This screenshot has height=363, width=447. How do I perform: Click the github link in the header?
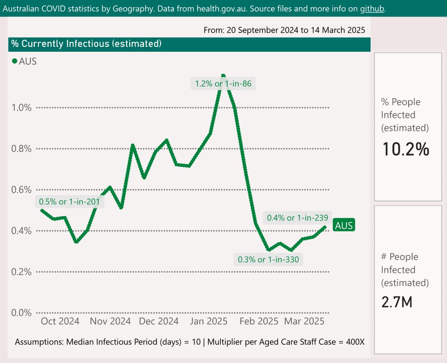click(x=372, y=8)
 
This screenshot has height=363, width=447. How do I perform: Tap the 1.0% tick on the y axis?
click(x=21, y=108)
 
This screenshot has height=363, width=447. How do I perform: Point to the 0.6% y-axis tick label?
click(x=21, y=190)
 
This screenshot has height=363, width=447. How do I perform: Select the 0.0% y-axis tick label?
click(x=21, y=313)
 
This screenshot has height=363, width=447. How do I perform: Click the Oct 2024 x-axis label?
click(x=60, y=321)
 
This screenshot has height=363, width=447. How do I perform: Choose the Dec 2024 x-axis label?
click(x=159, y=321)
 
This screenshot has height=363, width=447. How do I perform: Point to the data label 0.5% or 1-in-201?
click(x=69, y=202)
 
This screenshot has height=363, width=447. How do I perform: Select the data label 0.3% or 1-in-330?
click(x=269, y=259)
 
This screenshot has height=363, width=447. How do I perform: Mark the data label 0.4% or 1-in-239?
click(x=298, y=218)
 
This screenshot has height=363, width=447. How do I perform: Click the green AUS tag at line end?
click(x=344, y=225)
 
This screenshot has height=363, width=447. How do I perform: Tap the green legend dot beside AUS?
click(x=14, y=62)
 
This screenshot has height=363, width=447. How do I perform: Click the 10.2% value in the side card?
click(x=405, y=149)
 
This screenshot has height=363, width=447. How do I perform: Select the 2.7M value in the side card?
click(x=396, y=302)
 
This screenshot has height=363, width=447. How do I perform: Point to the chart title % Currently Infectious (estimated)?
click(x=86, y=44)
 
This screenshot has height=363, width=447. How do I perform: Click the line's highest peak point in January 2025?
click(x=223, y=76)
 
